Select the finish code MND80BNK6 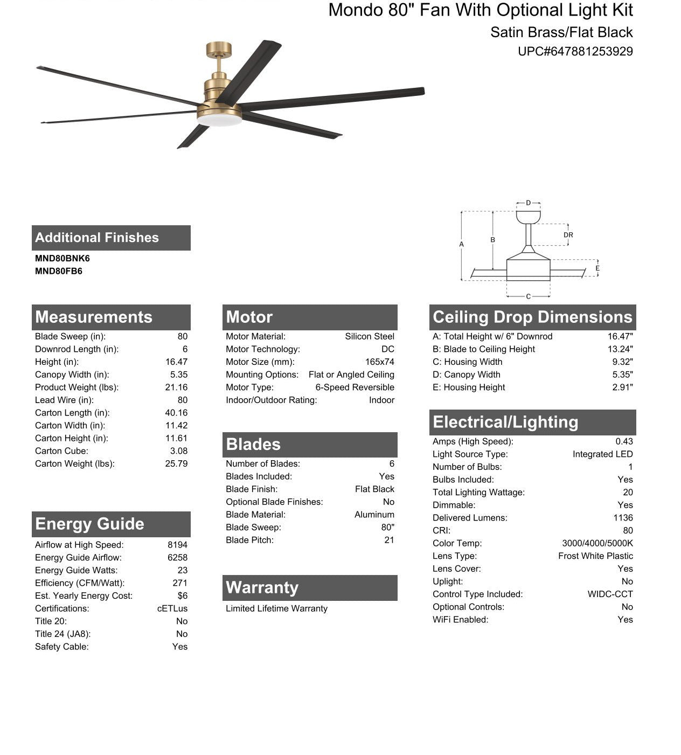point(62,259)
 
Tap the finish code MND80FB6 point(59,272)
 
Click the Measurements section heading point(94,317)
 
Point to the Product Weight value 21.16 point(176,387)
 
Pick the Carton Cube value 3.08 point(179,451)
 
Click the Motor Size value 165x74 point(379,362)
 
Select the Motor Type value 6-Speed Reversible point(355,387)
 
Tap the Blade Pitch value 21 point(389,540)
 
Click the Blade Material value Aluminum point(374,515)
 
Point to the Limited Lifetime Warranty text point(276,608)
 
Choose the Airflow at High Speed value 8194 point(177,545)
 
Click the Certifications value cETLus point(172,608)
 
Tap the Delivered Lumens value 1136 point(623,518)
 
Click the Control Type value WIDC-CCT point(610,594)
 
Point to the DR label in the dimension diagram point(568,235)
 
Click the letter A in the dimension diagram point(461,245)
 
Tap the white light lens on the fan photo point(219,121)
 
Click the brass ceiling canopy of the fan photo point(219,50)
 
